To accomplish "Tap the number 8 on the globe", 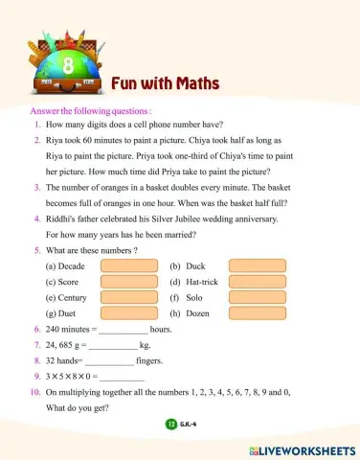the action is click(67, 66).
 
